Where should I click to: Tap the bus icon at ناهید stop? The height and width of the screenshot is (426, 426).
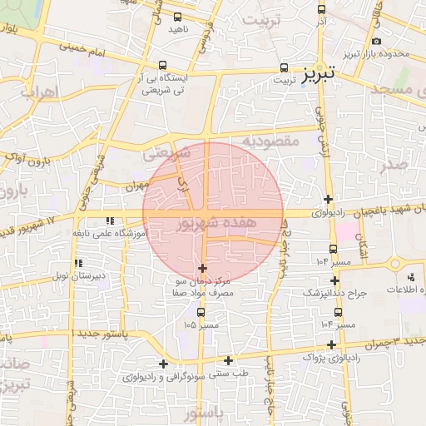tap(177, 16)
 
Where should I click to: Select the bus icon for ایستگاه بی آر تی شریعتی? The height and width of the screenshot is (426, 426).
tap(162, 64)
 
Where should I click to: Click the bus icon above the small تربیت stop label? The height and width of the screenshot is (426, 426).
tap(285, 67)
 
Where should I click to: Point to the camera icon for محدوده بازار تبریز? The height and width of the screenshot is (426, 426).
tap(376, 41)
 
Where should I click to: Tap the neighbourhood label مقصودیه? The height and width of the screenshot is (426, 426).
tap(270, 142)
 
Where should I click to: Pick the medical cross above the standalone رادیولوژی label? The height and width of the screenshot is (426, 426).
tap(329, 199)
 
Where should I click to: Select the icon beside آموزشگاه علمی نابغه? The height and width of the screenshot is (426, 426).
tap(109, 221)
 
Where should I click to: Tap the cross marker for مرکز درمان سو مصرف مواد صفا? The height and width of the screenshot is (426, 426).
tap(203, 267)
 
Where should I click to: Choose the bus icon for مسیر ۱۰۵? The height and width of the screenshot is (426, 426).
tap(201, 312)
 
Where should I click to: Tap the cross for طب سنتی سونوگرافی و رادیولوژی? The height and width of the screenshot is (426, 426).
tap(163, 363)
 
